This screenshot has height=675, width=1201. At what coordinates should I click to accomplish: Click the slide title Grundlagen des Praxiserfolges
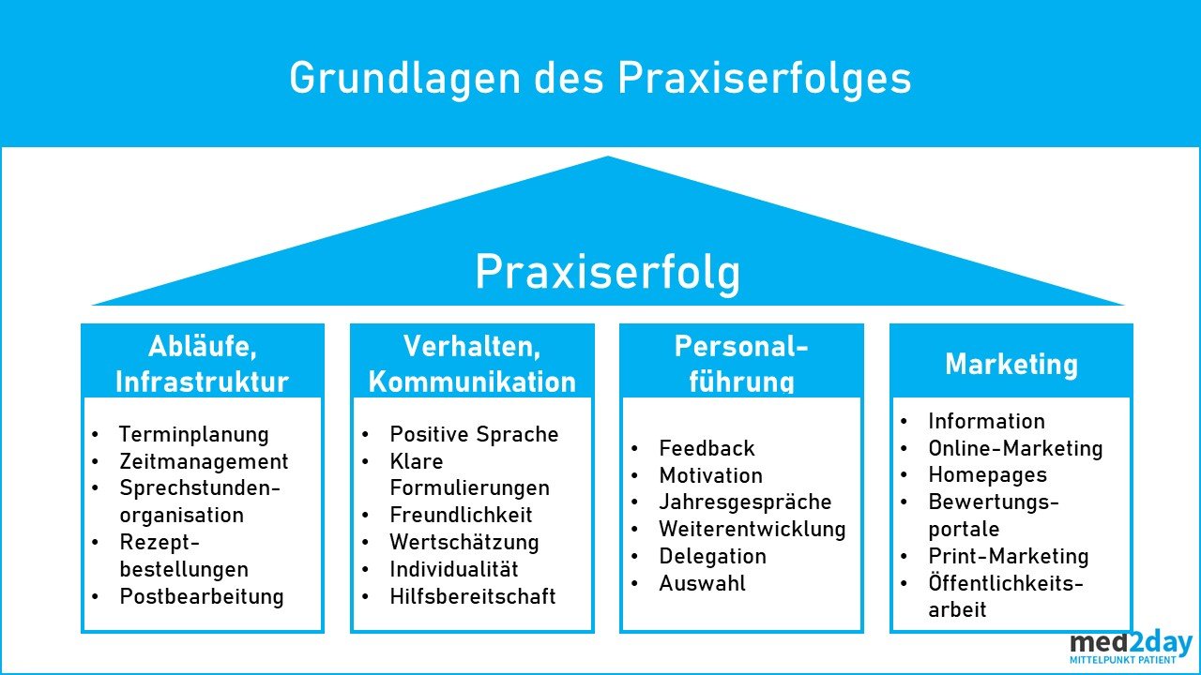600,79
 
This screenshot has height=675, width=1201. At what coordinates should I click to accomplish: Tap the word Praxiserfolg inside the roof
607,273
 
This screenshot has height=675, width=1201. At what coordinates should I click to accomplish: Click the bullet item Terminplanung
193,435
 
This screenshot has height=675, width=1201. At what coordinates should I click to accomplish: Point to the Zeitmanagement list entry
204,462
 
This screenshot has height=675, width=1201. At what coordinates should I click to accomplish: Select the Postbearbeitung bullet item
201,596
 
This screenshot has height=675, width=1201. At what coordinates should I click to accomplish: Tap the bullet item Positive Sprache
474,435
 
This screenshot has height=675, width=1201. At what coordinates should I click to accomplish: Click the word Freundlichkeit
461,516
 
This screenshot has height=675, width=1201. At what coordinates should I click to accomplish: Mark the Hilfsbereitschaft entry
473,596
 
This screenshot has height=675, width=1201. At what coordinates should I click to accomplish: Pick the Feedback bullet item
707,449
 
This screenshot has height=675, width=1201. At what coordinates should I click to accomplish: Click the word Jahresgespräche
745,502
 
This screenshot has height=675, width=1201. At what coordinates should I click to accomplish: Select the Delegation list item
712,556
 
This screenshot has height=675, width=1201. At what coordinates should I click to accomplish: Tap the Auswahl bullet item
702,583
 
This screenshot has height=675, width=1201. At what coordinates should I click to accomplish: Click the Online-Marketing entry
1015,449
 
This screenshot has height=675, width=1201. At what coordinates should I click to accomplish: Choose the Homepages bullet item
987,475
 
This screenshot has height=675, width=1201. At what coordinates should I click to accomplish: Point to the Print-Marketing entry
1009,556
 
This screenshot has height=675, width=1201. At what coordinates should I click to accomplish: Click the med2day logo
1131,648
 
